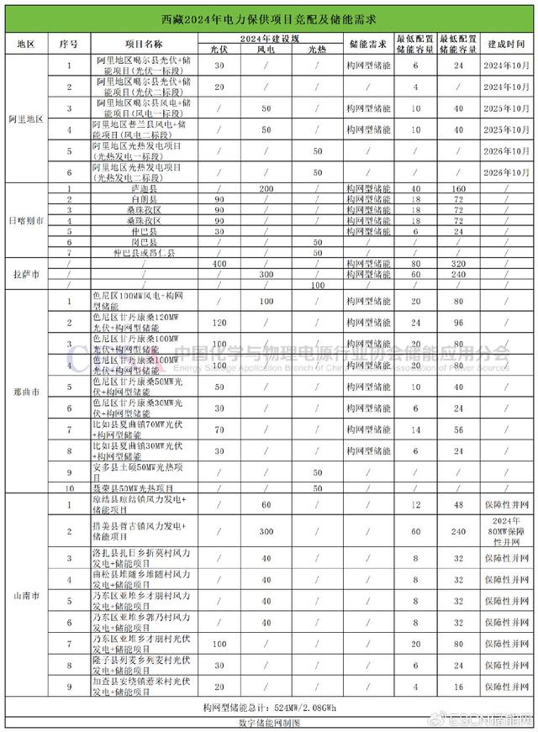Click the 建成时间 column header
pyautogui.click(x=508, y=44)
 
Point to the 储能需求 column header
pyautogui.click(x=368, y=44)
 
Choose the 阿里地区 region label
pyautogui.click(x=25, y=119)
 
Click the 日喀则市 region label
pyautogui.click(x=25, y=221)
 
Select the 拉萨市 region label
pyautogui.click(x=25, y=274)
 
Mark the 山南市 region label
pyautogui.click(x=25, y=593)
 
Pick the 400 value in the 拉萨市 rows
pyautogui.click(x=220, y=263)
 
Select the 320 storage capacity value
pyautogui.click(x=459, y=263)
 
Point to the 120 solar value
pyautogui.click(x=220, y=322)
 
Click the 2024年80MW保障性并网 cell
pyautogui.click(x=508, y=532)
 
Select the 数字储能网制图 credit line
pyautogui.click(x=269, y=722)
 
